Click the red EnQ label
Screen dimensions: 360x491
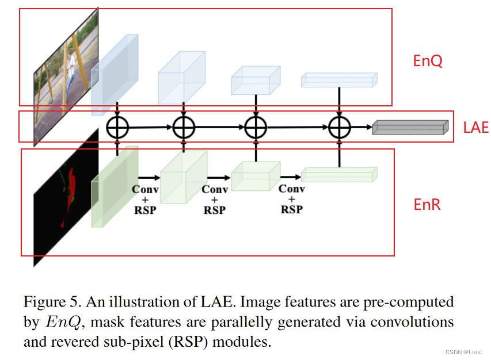(428, 61)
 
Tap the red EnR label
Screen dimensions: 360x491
(427, 204)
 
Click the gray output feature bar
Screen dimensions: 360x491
(409, 128)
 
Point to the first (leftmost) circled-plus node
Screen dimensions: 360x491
(117, 127)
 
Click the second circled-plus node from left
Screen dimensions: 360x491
(184, 127)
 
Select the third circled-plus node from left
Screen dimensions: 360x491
(255, 127)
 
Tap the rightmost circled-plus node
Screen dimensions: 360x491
(340, 127)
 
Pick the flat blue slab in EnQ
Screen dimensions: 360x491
(338, 81)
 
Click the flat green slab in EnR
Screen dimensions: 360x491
(338, 174)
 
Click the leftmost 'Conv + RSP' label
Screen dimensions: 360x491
(145, 200)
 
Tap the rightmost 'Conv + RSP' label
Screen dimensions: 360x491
(291, 199)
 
